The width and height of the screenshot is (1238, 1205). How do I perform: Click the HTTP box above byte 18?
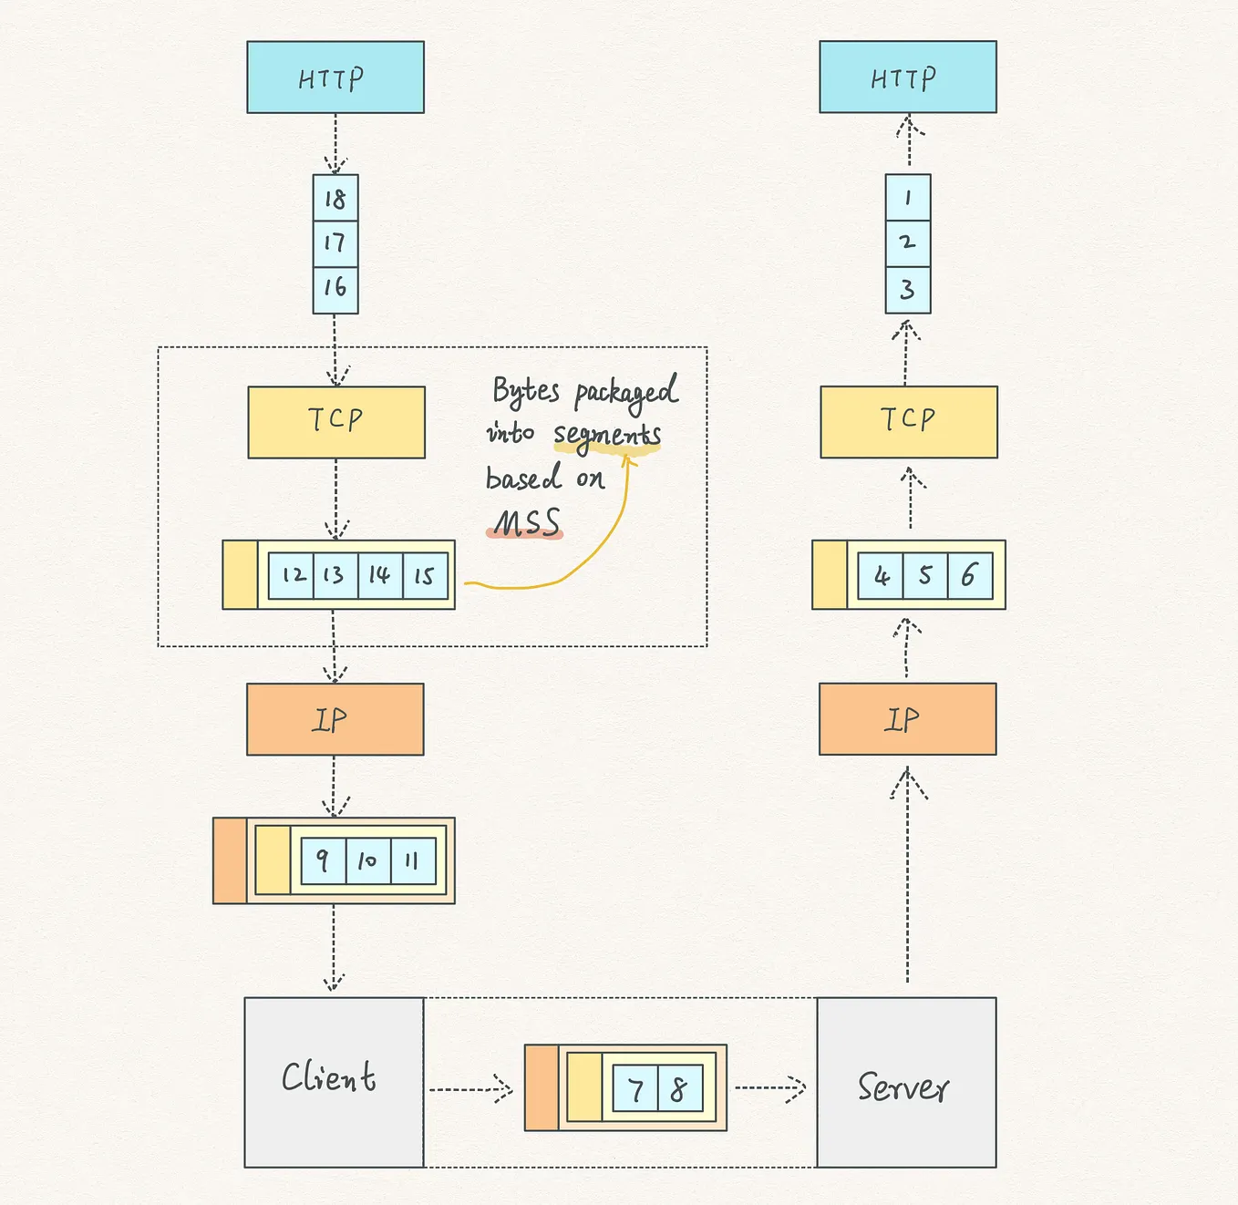tap(335, 77)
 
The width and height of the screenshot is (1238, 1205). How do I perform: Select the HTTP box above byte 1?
tap(907, 77)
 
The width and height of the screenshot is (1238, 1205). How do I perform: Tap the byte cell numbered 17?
tap(335, 243)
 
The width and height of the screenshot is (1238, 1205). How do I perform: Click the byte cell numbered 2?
tap(907, 243)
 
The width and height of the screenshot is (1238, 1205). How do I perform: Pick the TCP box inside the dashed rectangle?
tap(335, 422)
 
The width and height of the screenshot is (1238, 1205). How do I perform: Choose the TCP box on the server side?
tap(908, 422)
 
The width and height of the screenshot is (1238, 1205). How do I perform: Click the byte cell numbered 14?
tap(379, 575)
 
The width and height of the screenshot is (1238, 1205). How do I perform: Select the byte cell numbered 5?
tap(924, 575)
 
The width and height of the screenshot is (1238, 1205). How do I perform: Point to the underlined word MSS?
tap(526, 523)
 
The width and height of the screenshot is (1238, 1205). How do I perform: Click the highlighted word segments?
tap(607, 435)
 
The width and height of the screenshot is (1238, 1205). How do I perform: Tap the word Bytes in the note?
tap(525, 391)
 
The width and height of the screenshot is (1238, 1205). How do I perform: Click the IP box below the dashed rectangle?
tap(335, 719)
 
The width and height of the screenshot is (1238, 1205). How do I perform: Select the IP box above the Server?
tap(907, 719)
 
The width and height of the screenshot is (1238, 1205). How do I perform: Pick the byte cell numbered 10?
tap(367, 860)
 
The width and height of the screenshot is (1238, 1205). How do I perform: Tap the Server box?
tap(905, 1082)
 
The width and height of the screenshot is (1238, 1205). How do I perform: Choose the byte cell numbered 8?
tap(679, 1088)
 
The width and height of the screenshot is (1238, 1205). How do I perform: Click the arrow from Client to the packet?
tap(470, 1088)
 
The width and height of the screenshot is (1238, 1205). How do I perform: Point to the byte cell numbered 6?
tap(969, 575)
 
